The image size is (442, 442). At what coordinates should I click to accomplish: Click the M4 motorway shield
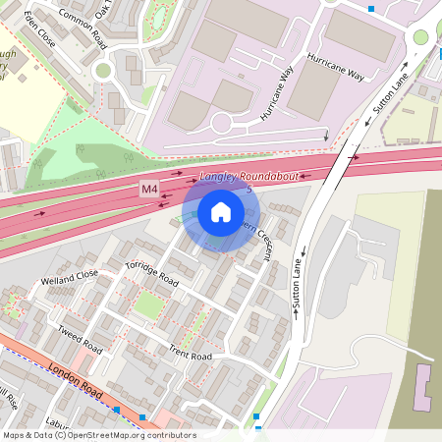click(148, 189)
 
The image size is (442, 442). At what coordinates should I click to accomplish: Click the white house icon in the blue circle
click(221, 212)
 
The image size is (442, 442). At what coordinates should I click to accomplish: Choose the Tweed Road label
click(80, 339)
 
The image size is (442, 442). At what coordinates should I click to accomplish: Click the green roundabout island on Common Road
click(103, 70)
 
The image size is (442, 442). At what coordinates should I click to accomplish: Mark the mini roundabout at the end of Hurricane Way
click(221, 123)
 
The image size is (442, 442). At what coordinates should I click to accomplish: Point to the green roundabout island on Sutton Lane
click(420, 37)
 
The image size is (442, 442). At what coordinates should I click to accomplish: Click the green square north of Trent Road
click(148, 305)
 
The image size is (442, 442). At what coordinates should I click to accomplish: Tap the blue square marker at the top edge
click(371, 9)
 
